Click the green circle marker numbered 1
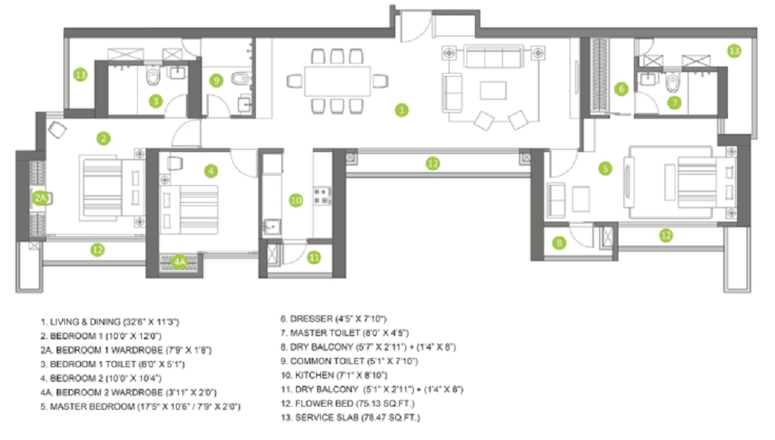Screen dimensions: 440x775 (x=401, y=110)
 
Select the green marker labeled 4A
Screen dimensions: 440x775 (x=180, y=263)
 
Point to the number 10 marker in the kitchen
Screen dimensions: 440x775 (x=295, y=200)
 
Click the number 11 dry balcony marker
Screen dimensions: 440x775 (x=313, y=257)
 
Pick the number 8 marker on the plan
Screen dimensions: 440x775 (x=560, y=242)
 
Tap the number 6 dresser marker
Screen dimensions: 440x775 (x=621, y=89)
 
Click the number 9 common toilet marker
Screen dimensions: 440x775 (x=217, y=80)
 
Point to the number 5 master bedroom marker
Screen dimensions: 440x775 (x=605, y=167)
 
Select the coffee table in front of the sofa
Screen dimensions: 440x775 (x=493, y=90)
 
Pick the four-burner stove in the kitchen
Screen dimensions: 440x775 (x=321, y=195)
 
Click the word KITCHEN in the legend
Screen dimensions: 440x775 (x=314, y=373)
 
